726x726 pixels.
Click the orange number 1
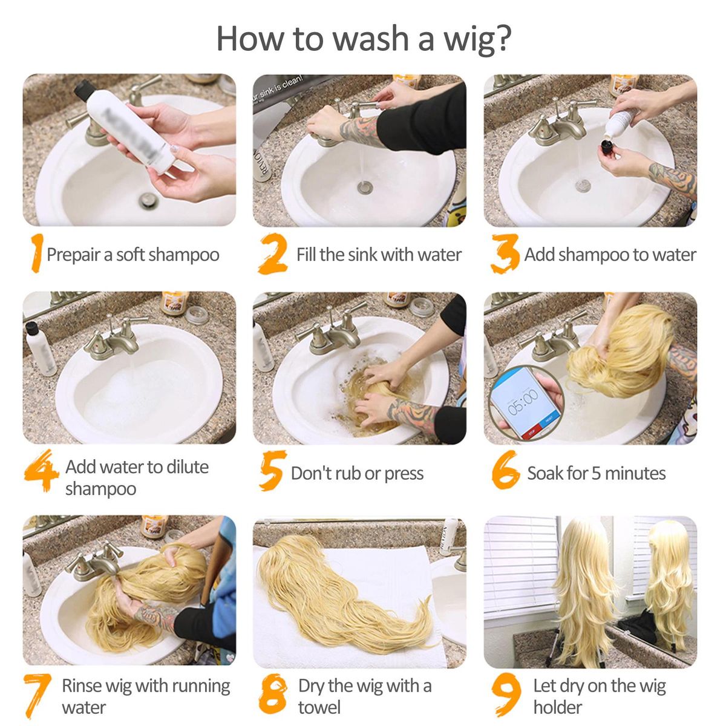point(38,253)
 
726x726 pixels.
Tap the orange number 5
point(272,471)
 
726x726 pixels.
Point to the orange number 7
point(38,696)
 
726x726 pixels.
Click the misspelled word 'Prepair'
point(73,255)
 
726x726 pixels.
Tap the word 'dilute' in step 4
point(187,467)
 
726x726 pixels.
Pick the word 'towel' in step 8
point(319,707)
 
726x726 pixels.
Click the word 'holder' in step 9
point(558,707)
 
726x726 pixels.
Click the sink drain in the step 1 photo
point(148,200)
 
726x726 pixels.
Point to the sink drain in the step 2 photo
point(364,187)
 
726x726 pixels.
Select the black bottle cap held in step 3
point(607,147)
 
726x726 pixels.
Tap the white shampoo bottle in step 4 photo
point(41,349)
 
